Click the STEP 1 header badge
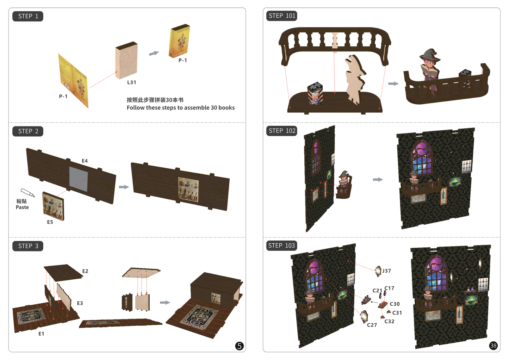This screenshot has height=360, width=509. tap(28, 16)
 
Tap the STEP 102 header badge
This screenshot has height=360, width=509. tap(282, 131)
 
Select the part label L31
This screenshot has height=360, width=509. tap(132, 82)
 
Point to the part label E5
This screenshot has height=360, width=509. tap(50, 222)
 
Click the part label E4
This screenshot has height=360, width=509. tap(85, 161)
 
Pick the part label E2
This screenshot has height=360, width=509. tap(85, 271)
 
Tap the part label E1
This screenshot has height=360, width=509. tap(41, 334)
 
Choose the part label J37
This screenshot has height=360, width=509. tap(386, 271)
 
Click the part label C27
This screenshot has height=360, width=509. tap(372, 325)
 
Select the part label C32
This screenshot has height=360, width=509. tap(389, 321)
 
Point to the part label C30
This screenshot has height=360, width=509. tap(395, 304)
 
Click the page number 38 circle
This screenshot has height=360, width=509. tap(493, 346)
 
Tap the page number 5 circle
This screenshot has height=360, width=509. tap(239, 346)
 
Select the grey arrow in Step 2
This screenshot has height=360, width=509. tap(124, 187)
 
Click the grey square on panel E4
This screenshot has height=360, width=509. tap(79, 179)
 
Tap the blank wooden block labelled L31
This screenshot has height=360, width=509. tap(126, 60)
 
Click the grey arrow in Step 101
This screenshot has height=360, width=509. tap(393, 83)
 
